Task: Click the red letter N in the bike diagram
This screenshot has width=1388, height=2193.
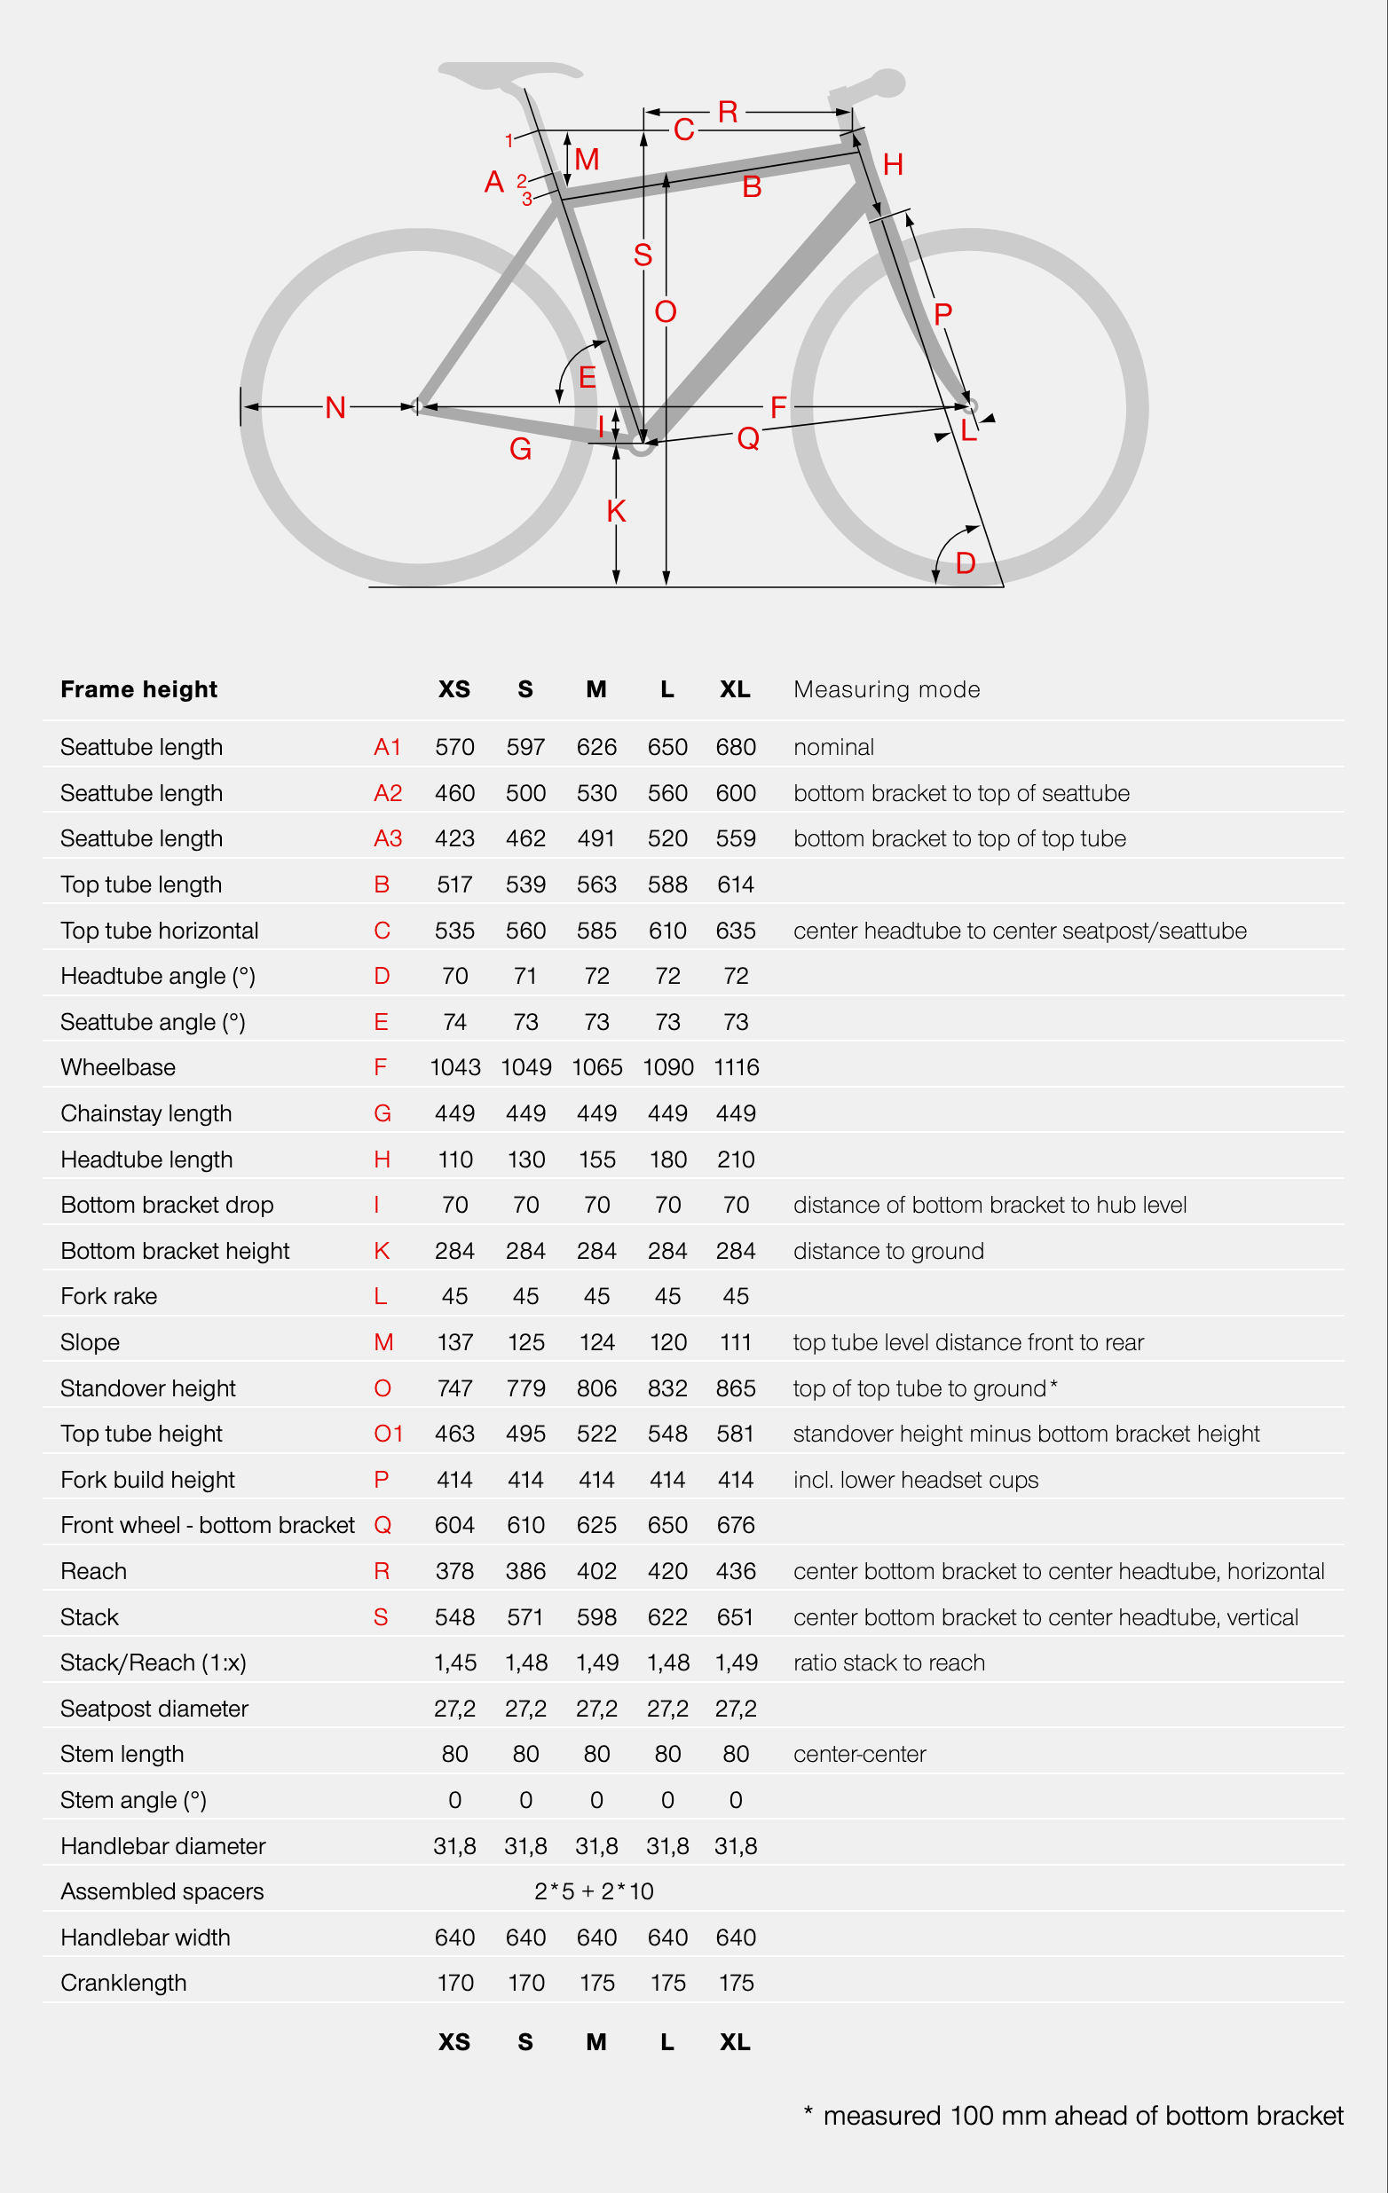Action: [x=335, y=407]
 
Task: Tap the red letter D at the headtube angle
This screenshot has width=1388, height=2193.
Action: [x=966, y=562]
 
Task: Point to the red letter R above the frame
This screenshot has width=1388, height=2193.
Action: [x=728, y=112]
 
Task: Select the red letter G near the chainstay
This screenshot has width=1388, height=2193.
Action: [x=520, y=449]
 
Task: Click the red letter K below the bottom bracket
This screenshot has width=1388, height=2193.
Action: [x=616, y=511]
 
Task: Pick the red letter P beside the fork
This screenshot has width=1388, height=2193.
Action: [x=942, y=314]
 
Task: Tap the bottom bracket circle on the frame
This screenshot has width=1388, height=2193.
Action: [x=643, y=444]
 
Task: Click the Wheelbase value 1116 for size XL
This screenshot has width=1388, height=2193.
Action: [x=736, y=1067]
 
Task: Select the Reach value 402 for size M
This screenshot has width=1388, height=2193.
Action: [x=596, y=1571]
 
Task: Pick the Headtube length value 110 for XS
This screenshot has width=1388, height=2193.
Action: [x=454, y=1159]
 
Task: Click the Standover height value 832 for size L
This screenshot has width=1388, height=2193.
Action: [x=667, y=1388]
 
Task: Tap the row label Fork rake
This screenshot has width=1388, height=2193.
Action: [x=108, y=1296]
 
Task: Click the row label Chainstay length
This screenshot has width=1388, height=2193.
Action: [x=146, y=1112]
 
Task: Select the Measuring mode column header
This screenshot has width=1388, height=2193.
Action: [x=887, y=689]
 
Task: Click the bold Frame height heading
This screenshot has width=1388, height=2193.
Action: [x=138, y=689]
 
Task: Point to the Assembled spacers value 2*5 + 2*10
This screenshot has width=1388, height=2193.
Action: [x=594, y=1891]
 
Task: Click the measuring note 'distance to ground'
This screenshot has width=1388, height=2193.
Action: [x=888, y=1250]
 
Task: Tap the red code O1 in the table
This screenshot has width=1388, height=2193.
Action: [x=388, y=1434]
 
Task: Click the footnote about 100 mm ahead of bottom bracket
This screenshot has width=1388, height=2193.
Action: [x=1075, y=2116]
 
